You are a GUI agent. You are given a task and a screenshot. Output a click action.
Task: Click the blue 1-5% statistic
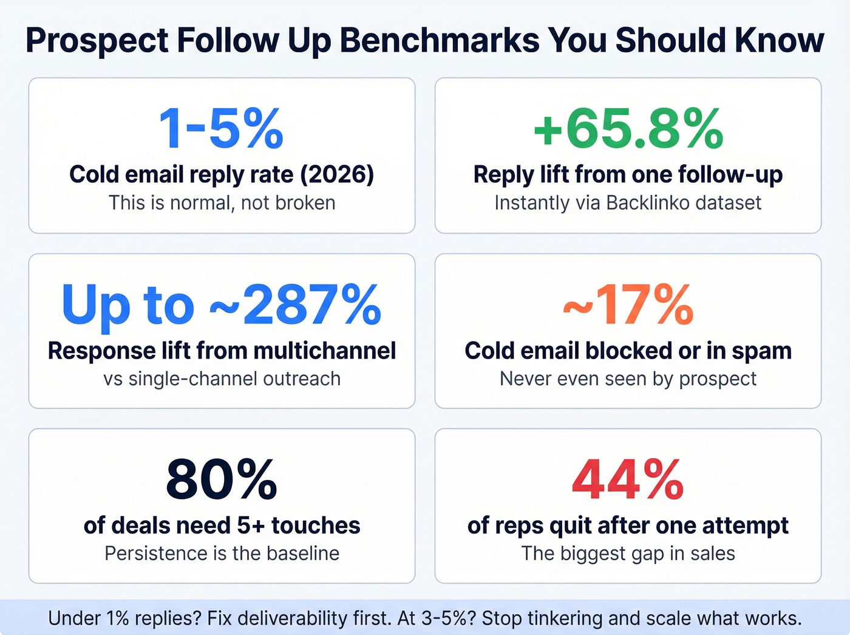tap(221, 129)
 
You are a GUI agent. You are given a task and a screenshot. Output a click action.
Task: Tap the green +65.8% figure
tap(628, 129)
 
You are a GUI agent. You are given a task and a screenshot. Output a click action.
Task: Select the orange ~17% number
tap(628, 305)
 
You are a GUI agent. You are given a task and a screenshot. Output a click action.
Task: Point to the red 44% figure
tap(628, 480)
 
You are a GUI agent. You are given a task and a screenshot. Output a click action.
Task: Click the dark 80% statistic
tap(222, 480)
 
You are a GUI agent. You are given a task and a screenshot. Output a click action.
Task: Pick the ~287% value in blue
tap(296, 305)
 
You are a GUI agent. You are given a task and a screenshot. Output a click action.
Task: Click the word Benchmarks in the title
tap(440, 41)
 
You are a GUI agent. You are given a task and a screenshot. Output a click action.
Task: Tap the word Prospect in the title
tap(97, 41)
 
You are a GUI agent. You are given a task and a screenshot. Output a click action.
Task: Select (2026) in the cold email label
tap(337, 174)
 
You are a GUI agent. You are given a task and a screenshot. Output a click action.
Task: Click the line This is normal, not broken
tap(222, 202)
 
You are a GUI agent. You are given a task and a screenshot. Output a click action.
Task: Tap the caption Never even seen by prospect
tap(628, 379)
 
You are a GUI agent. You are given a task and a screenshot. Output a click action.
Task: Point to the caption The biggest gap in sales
tap(628, 554)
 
